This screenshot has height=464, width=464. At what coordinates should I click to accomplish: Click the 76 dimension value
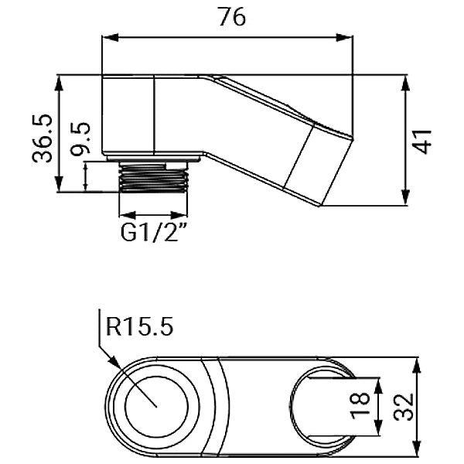pos(232,17)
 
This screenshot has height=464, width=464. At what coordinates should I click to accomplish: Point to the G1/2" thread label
pos(155,232)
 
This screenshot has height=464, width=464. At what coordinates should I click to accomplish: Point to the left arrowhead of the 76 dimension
pos(107,36)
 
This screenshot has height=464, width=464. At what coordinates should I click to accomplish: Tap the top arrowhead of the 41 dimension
pos(407,80)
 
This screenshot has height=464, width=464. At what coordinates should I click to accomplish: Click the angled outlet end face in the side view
pos(317,165)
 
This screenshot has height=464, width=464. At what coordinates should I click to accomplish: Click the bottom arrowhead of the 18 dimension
pos(377,434)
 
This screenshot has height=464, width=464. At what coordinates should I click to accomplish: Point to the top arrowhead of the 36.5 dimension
pos(60,80)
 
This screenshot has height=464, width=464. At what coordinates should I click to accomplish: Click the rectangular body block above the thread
pos(129,116)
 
